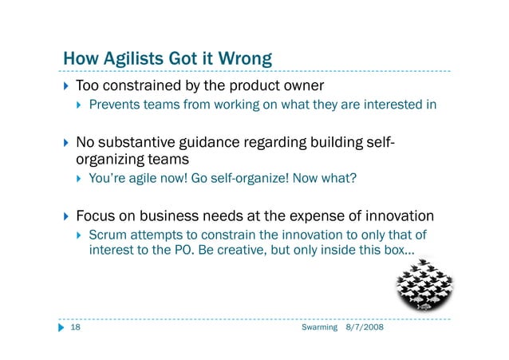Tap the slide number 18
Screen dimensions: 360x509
point(77,329)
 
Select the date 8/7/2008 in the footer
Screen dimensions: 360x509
point(364,329)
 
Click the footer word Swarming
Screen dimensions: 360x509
point(321,329)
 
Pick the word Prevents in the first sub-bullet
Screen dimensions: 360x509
point(114,104)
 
